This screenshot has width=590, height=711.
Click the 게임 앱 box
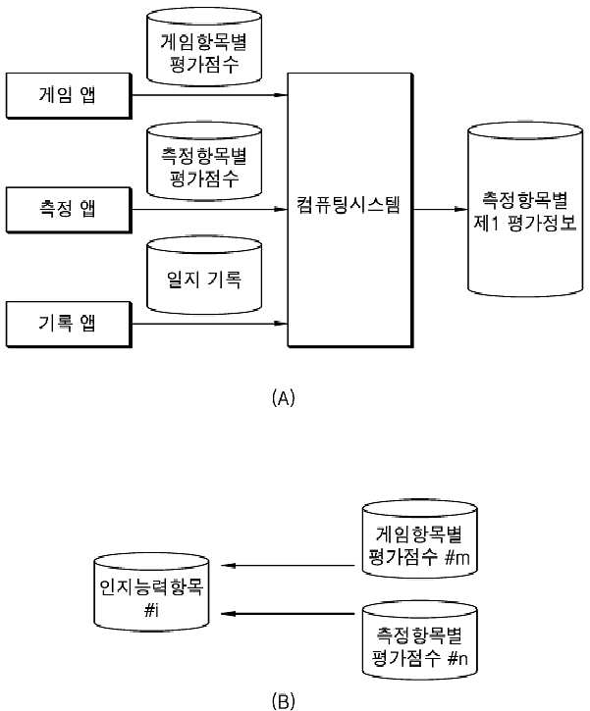[x=69, y=96]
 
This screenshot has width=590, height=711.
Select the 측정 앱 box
[x=69, y=210]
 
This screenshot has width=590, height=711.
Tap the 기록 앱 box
[x=69, y=325]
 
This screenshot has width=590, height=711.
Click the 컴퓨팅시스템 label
[x=349, y=205]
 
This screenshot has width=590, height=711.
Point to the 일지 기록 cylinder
[x=204, y=276]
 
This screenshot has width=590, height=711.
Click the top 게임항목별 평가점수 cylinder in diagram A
[x=204, y=47]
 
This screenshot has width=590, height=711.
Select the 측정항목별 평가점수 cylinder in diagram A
[x=204, y=161]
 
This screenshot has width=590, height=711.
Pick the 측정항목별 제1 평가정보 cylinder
[x=525, y=210]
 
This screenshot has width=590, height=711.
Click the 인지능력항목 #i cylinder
[x=151, y=591]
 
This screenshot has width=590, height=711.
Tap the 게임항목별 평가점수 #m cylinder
[x=420, y=539]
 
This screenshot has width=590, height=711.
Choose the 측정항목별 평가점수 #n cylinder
[x=420, y=640]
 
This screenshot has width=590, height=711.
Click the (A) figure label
[x=283, y=398]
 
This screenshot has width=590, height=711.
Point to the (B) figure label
[x=283, y=701]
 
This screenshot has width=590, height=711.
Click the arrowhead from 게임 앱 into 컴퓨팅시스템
[x=282, y=95]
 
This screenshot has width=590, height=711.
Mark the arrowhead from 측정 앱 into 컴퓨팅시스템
[x=282, y=210]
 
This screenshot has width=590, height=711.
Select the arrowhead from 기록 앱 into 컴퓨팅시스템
[x=282, y=324]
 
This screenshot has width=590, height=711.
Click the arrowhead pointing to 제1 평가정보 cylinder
[x=460, y=210]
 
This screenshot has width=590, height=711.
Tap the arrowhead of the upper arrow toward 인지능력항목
[x=229, y=566]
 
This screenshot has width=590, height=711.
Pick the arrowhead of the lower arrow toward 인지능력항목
[x=229, y=614]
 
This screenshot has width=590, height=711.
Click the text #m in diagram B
[x=457, y=557]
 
